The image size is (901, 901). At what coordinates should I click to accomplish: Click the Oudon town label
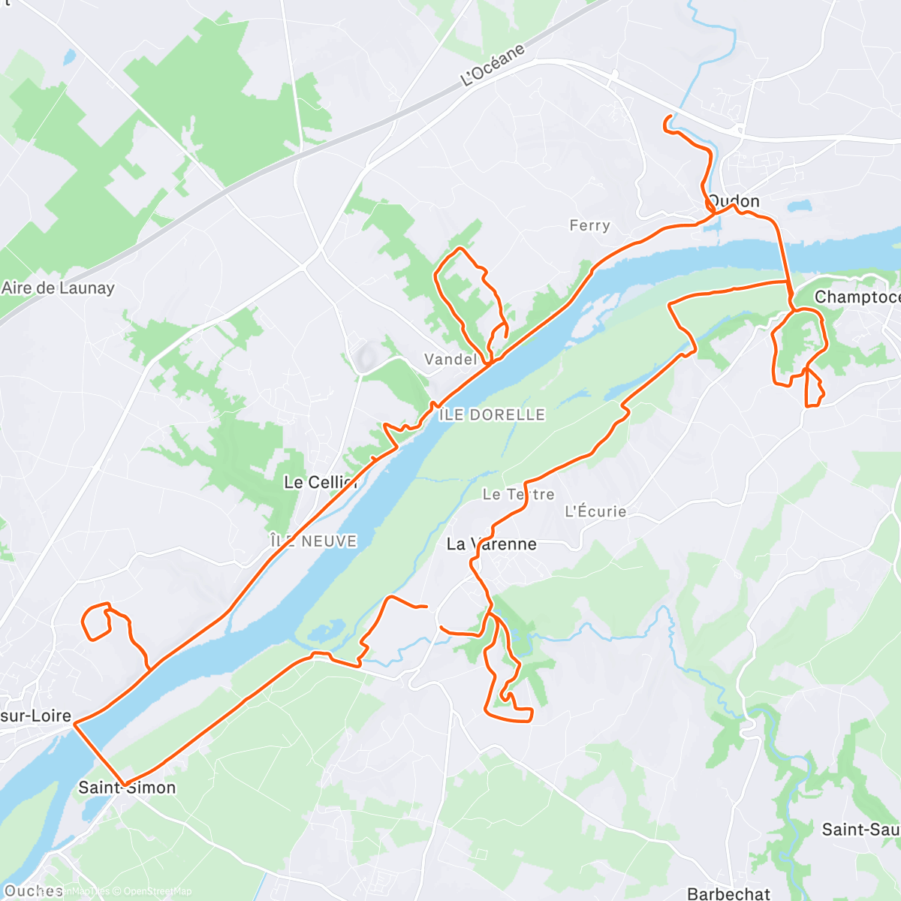pyautogui.click(x=734, y=201)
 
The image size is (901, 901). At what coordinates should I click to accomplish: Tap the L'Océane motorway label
pyautogui.click(x=493, y=65)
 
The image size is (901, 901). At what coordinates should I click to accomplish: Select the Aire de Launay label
pyautogui.click(x=58, y=288)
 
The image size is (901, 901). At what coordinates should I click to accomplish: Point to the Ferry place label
pyautogui.click(x=589, y=225)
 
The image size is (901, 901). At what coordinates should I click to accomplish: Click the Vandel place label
pyautogui.click(x=450, y=359)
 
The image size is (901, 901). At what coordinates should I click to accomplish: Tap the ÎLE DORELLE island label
pyautogui.click(x=493, y=414)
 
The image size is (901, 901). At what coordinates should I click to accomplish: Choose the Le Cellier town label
pyautogui.click(x=320, y=482)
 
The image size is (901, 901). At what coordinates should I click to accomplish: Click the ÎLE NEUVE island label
pyautogui.click(x=313, y=541)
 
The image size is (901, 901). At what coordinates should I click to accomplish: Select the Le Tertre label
pyautogui.click(x=518, y=494)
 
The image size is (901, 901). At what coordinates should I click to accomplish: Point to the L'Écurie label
pyautogui.click(x=595, y=511)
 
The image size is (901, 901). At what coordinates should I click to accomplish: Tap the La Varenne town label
pyautogui.click(x=491, y=544)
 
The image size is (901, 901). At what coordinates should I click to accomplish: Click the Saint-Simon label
pyautogui.click(x=127, y=788)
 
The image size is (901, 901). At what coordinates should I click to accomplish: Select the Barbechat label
pyautogui.click(x=728, y=893)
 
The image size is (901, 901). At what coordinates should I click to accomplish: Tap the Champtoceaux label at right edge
pyautogui.click(x=857, y=297)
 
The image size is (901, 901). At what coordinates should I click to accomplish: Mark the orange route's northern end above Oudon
pyautogui.click(x=667, y=118)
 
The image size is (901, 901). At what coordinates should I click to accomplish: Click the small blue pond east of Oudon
pyautogui.click(x=800, y=205)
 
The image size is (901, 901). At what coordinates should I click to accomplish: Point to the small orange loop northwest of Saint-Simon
pyautogui.click(x=95, y=622)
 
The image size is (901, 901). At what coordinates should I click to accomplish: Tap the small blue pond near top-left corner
pyautogui.click(x=69, y=56)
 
